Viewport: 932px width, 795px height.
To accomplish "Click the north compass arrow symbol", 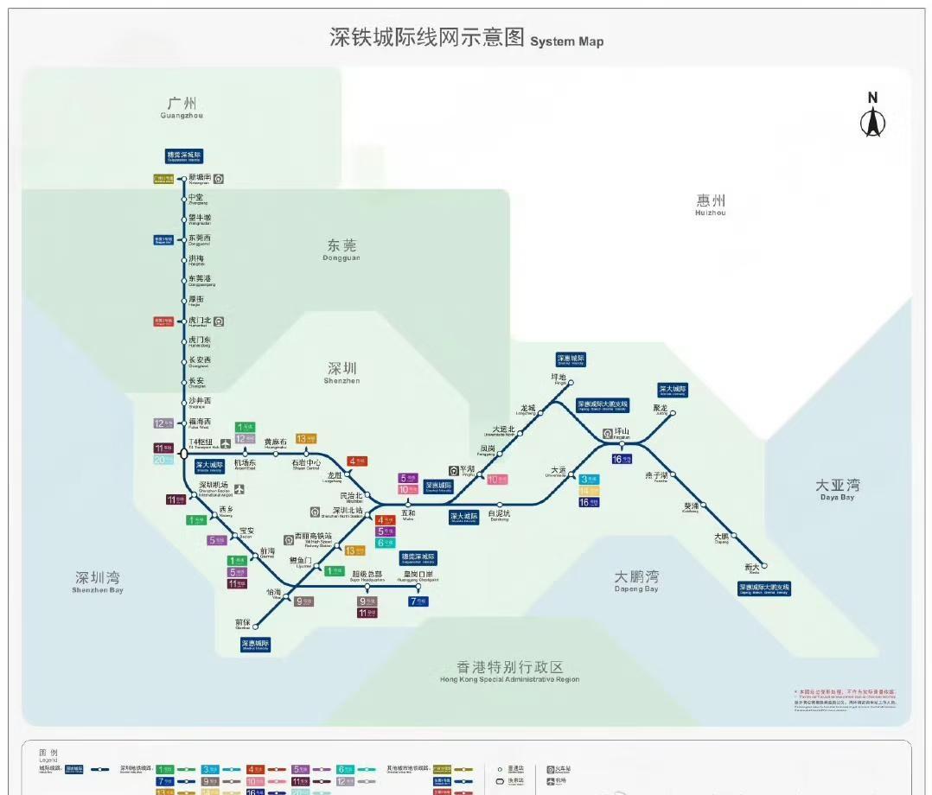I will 872,120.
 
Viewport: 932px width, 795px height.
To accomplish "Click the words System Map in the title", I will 566,41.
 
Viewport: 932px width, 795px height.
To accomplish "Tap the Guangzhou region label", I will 182,107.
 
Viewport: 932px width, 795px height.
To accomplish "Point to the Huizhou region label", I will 711,204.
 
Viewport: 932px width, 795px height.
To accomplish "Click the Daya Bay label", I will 837,489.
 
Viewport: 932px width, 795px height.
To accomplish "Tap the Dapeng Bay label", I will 636,580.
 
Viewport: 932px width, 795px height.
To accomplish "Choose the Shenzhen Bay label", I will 98,581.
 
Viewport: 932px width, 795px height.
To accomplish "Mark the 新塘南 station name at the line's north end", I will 200,177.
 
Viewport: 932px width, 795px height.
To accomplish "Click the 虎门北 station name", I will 200,320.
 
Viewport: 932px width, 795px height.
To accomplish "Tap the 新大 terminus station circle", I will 765,566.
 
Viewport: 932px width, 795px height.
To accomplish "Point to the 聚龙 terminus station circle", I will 673,413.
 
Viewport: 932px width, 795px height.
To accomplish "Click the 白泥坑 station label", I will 500,514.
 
